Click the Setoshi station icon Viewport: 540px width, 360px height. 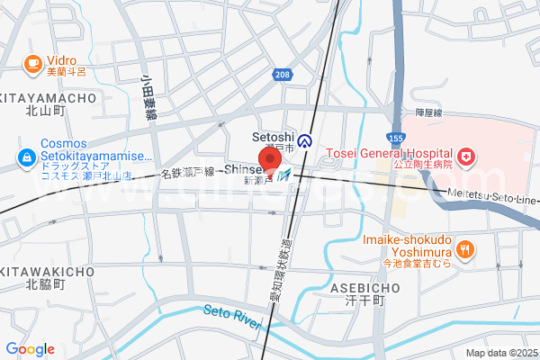306,141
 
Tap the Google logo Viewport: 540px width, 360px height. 30,349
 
